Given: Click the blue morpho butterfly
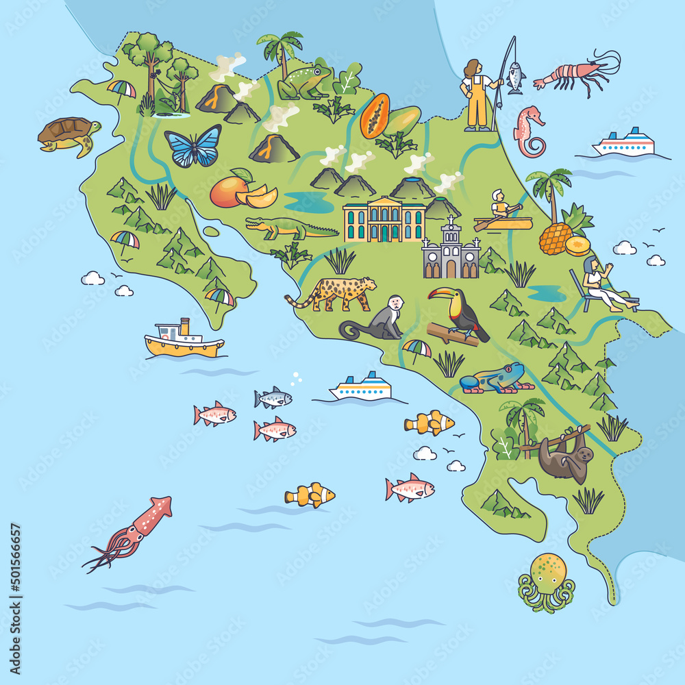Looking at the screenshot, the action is pos(192,145).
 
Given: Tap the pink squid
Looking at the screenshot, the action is pos(133,531).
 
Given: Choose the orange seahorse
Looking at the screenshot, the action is pos(530,131).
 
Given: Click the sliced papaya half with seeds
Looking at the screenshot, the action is pos(375,116).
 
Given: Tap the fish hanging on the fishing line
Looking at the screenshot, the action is pos(515,79).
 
